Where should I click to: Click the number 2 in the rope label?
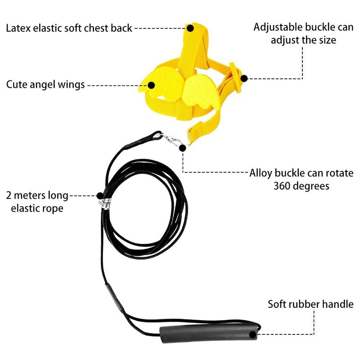[9, 196]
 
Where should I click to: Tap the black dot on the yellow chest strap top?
[190, 28]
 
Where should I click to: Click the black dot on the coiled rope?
[100, 196]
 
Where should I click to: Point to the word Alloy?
[261, 173]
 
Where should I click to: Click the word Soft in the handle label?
[278, 304]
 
